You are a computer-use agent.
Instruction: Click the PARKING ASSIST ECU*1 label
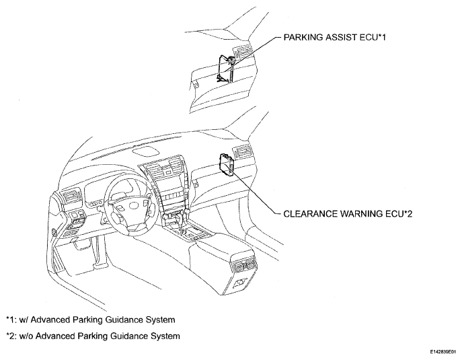(334, 38)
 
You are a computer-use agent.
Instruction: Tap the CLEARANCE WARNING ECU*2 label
(348, 214)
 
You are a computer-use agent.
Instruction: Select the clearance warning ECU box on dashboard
(227, 164)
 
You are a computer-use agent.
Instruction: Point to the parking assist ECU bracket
(226, 69)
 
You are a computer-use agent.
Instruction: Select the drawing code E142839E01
(444, 352)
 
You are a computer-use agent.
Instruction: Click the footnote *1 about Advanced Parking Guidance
(91, 320)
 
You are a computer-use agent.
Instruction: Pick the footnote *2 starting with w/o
(93, 336)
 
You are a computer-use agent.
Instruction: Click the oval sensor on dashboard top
(145, 151)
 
